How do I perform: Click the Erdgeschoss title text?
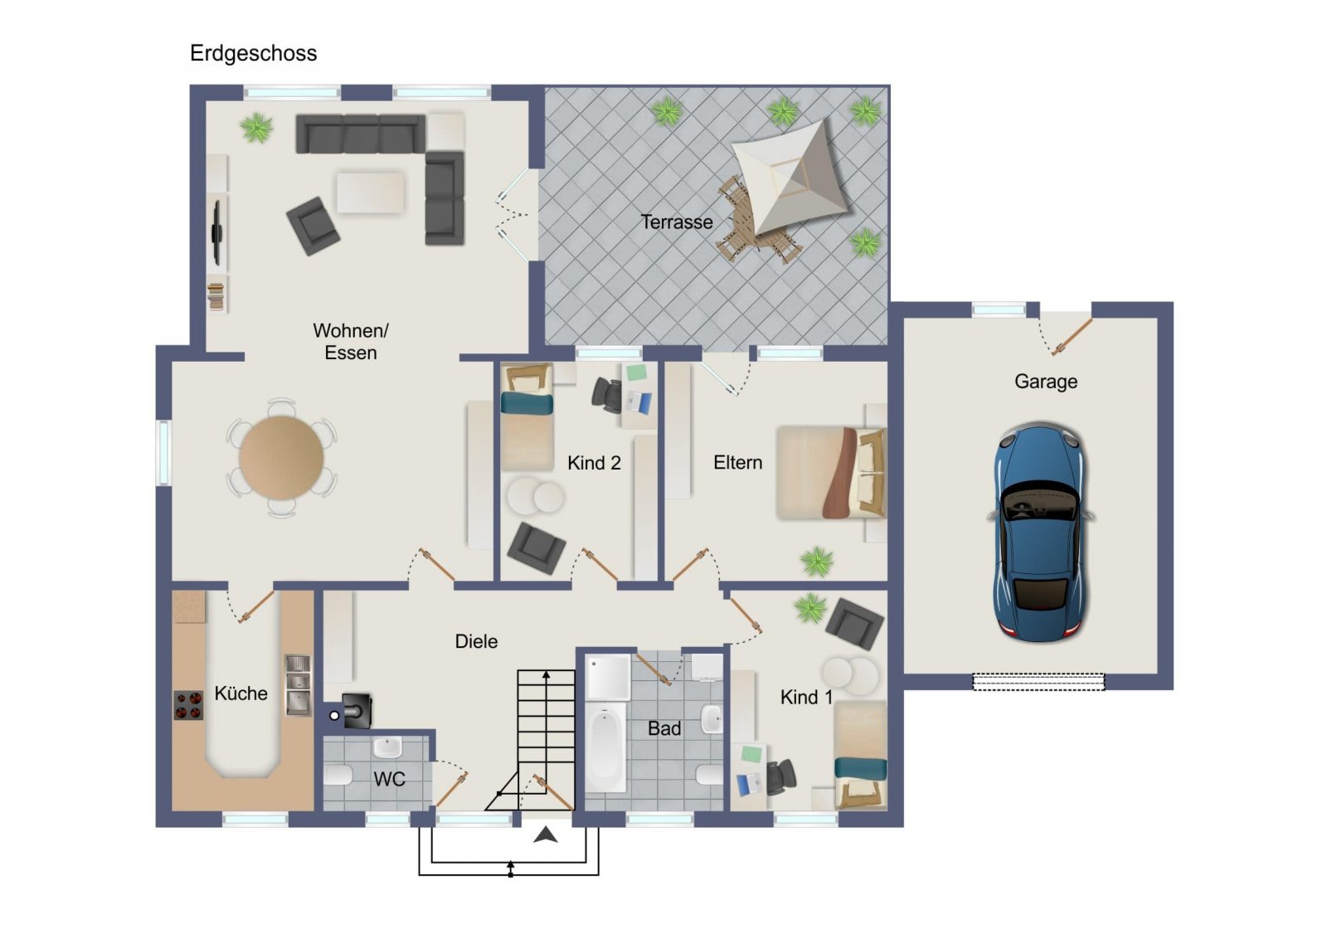[253, 54]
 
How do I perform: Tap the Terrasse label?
[677, 222]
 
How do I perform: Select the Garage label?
[1046, 381]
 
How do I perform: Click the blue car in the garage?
[1040, 532]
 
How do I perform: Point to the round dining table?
[281, 457]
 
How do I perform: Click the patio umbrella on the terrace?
[790, 177]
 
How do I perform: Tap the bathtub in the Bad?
[605, 747]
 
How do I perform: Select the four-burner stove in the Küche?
[188, 705]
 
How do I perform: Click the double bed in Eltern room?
[831, 473]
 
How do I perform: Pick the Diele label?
[476, 641]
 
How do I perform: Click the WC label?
[389, 779]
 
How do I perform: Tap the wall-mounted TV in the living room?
[216, 233]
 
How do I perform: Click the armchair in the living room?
[313, 226]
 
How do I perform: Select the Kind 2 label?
[594, 463]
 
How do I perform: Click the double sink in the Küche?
[298, 685]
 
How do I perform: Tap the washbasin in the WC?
[387, 747]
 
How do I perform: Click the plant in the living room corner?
[256, 128]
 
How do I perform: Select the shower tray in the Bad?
[608, 677]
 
